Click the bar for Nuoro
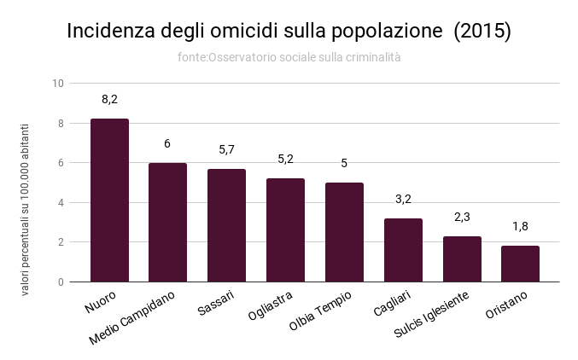click(109, 200)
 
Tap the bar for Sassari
click(226, 225)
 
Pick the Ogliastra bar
click(285, 230)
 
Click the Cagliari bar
click(403, 250)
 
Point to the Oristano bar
click(520, 264)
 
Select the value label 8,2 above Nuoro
click(109, 100)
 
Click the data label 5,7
click(226, 149)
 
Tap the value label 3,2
click(403, 199)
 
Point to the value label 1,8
click(520, 227)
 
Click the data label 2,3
click(462, 217)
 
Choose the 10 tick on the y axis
click(58, 84)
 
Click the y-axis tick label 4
click(61, 202)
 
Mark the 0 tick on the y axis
click(61, 282)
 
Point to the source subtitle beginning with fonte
click(289, 57)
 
